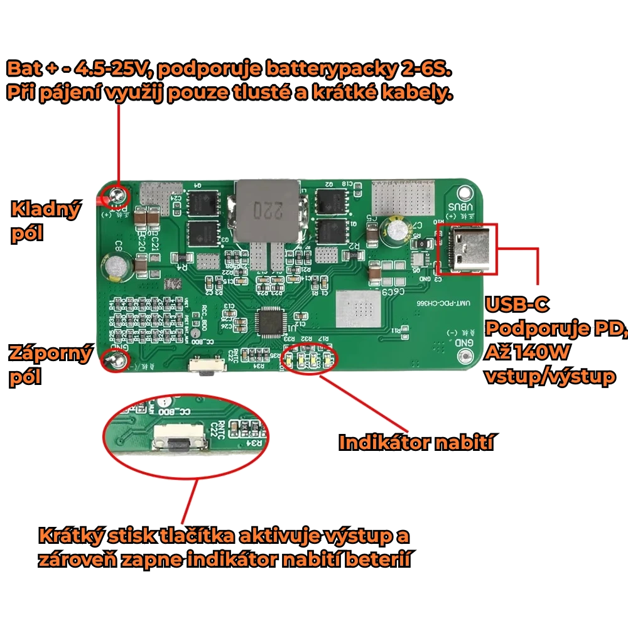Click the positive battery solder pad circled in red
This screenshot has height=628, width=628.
[x=116, y=196]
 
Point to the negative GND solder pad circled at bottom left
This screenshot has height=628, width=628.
[x=116, y=360]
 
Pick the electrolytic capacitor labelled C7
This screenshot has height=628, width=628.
[x=397, y=230]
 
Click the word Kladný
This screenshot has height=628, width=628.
[x=46, y=209]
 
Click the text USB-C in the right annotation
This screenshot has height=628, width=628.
[x=517, y=305]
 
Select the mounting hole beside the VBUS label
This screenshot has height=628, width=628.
[x=465, y=193]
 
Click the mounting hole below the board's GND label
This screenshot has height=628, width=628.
[x=465, y=357]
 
